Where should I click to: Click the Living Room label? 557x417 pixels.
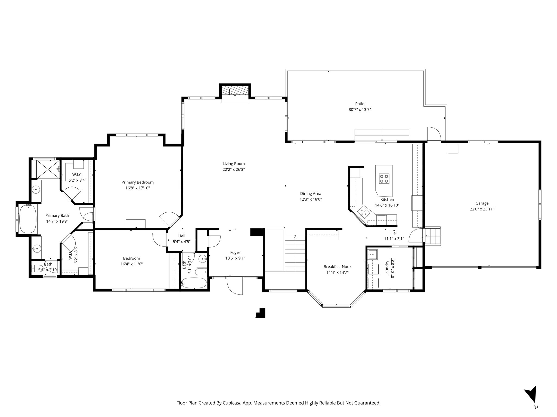click(x=233, y=164)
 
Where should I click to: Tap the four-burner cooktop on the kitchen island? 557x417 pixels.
click(x=384, y=178)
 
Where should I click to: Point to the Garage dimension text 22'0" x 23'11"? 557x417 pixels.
click(x=482, y=209)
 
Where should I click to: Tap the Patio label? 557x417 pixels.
click(x=360, y=104)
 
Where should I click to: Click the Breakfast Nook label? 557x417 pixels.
click(x=337, y=267)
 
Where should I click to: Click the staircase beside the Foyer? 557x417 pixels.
click(x=295, y=253)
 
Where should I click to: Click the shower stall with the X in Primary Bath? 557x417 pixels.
click(x=48, y=169)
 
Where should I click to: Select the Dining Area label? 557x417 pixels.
click(x=310, y=194)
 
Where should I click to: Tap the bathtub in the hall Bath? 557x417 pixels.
click(x=194, y=283)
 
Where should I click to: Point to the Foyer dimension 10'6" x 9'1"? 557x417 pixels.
click(x=235, y=258)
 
